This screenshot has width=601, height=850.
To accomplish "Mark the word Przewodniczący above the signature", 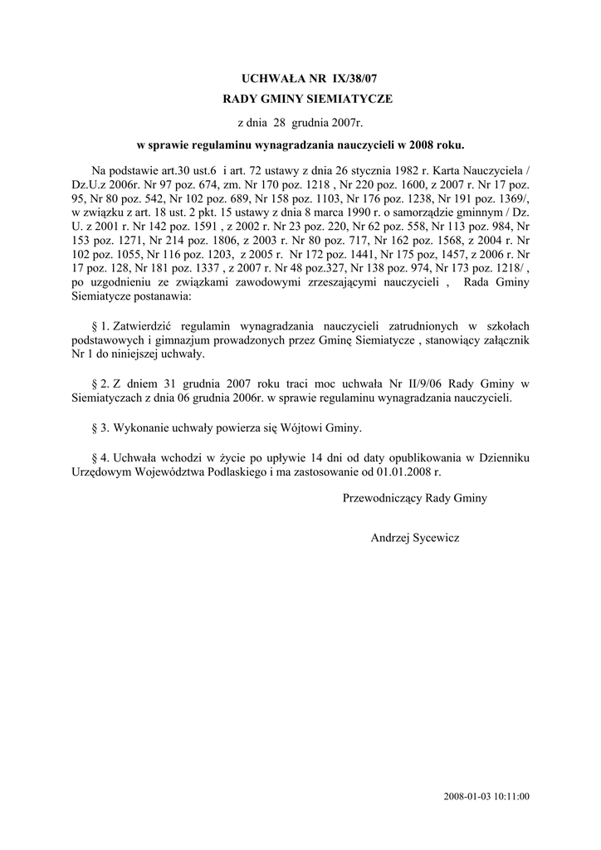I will coord(382,498).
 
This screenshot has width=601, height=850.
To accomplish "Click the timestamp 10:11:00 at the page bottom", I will coord(512,797).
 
